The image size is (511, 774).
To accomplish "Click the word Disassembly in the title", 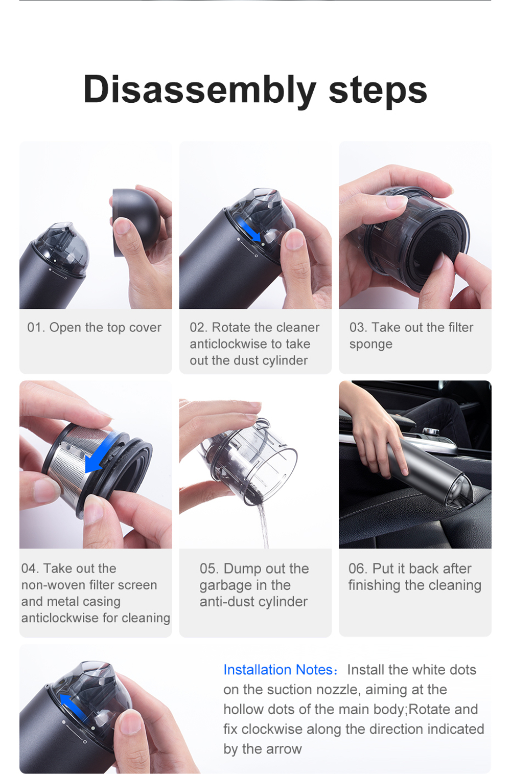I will point(199,90).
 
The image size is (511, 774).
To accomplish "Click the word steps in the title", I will point(378,90).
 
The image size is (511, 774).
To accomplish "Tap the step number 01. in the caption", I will point(36,327).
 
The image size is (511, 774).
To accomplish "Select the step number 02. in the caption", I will point(198,327).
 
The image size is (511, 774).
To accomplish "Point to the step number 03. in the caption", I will point(358,327).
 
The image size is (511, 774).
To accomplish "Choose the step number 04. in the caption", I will point(30,568).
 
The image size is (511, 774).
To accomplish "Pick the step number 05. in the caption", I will point(209,568).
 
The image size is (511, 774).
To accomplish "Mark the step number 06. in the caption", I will point(358,568).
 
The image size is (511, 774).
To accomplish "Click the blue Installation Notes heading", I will point(280,670).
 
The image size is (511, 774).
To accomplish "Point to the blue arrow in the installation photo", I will point(73,705).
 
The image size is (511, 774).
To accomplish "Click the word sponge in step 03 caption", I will point(370,344).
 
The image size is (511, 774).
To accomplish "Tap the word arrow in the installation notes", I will point(285,749).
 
